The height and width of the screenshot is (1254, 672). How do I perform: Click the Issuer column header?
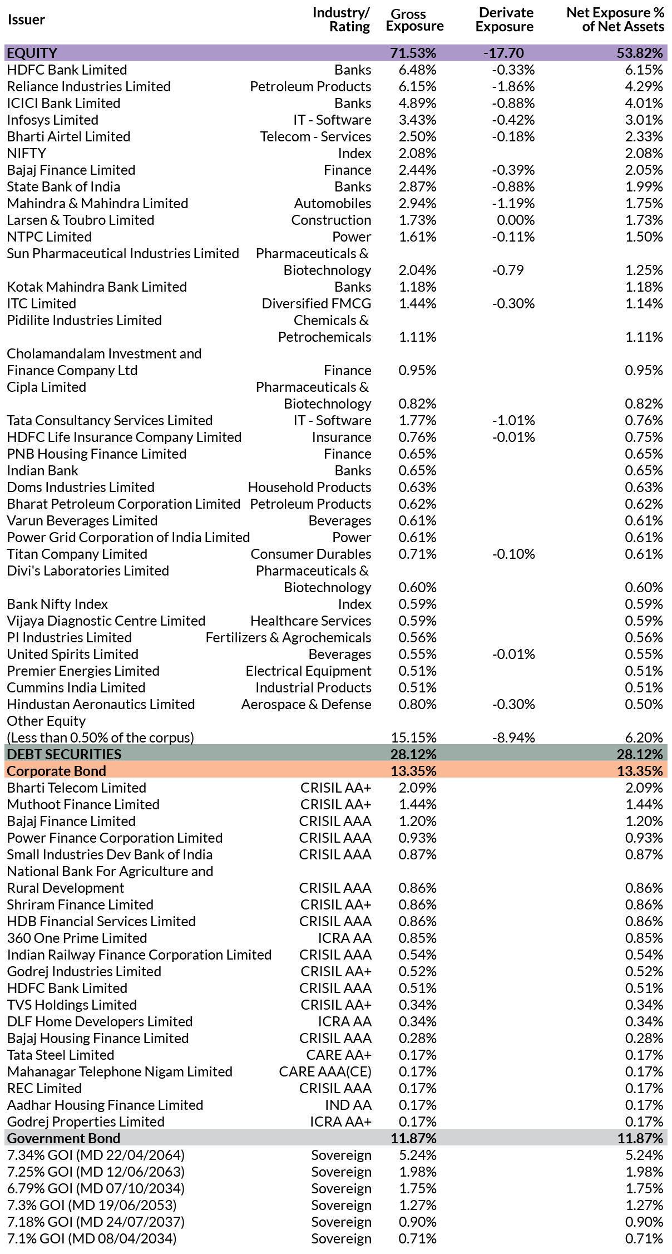(26, 20)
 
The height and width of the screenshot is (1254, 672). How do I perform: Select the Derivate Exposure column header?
(505, 19)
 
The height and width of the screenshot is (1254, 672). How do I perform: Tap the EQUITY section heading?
(32, 53)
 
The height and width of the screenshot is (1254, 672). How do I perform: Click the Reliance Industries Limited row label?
(88, 87)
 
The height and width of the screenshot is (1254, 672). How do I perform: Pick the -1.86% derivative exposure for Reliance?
(513, 87)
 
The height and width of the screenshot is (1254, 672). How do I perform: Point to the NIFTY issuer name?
(26, 154)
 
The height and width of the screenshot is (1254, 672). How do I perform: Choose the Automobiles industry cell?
(333, 204)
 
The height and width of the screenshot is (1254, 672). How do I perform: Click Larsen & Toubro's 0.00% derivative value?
(516, 220)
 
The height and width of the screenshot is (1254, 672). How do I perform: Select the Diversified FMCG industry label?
(317, 304)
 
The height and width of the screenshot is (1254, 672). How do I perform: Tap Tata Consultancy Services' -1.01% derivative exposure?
(513, 421)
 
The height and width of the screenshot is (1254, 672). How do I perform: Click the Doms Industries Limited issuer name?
(81, 488)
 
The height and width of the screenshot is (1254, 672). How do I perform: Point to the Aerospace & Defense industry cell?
(307, 705)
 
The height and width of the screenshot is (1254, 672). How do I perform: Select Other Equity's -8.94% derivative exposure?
(513, 738)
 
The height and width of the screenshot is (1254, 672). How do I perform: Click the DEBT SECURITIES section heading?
(64, 754)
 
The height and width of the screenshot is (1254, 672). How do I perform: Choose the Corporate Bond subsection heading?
(56, 771)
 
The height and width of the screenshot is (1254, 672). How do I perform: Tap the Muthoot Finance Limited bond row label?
(83, 805)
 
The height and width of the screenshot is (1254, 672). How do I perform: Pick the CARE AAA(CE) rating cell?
(325, 1072)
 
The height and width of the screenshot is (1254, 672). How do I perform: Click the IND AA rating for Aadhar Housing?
(348, 1105)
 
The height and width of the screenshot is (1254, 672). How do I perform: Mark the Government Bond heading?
(63, 1138)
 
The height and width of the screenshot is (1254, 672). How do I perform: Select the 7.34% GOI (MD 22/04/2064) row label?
(96, 1155)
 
